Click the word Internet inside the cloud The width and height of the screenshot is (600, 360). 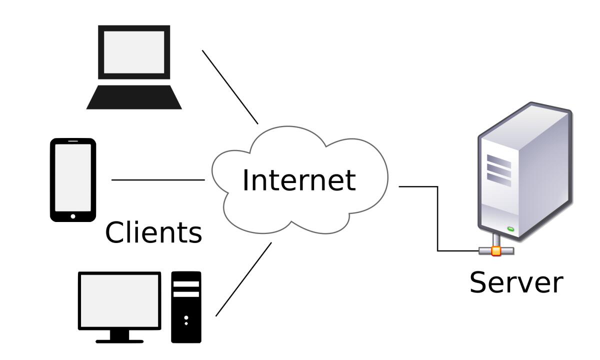coord(298,179)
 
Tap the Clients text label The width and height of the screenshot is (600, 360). coord(153,232)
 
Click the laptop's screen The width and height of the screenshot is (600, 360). coord(133,52)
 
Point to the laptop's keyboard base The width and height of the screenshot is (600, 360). coord(133,97)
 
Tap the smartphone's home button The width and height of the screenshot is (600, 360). coord(73,216)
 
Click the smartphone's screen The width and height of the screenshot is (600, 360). coord(73,177)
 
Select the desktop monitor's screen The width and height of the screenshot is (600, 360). coord(120,300)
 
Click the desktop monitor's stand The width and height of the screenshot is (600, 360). coord(119,336)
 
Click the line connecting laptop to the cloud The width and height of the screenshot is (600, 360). coord(230,87)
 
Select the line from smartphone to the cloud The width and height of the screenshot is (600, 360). coord(157,179)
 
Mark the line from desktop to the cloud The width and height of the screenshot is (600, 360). coord(243,279)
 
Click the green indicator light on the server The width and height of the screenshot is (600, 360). coord(511,229)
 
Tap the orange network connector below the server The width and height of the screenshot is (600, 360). coord(495,250)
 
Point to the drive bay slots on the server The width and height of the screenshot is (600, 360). coord(499,170)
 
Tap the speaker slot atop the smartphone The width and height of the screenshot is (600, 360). coord(73,141)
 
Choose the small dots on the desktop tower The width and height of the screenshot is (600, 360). coord(186,320)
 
